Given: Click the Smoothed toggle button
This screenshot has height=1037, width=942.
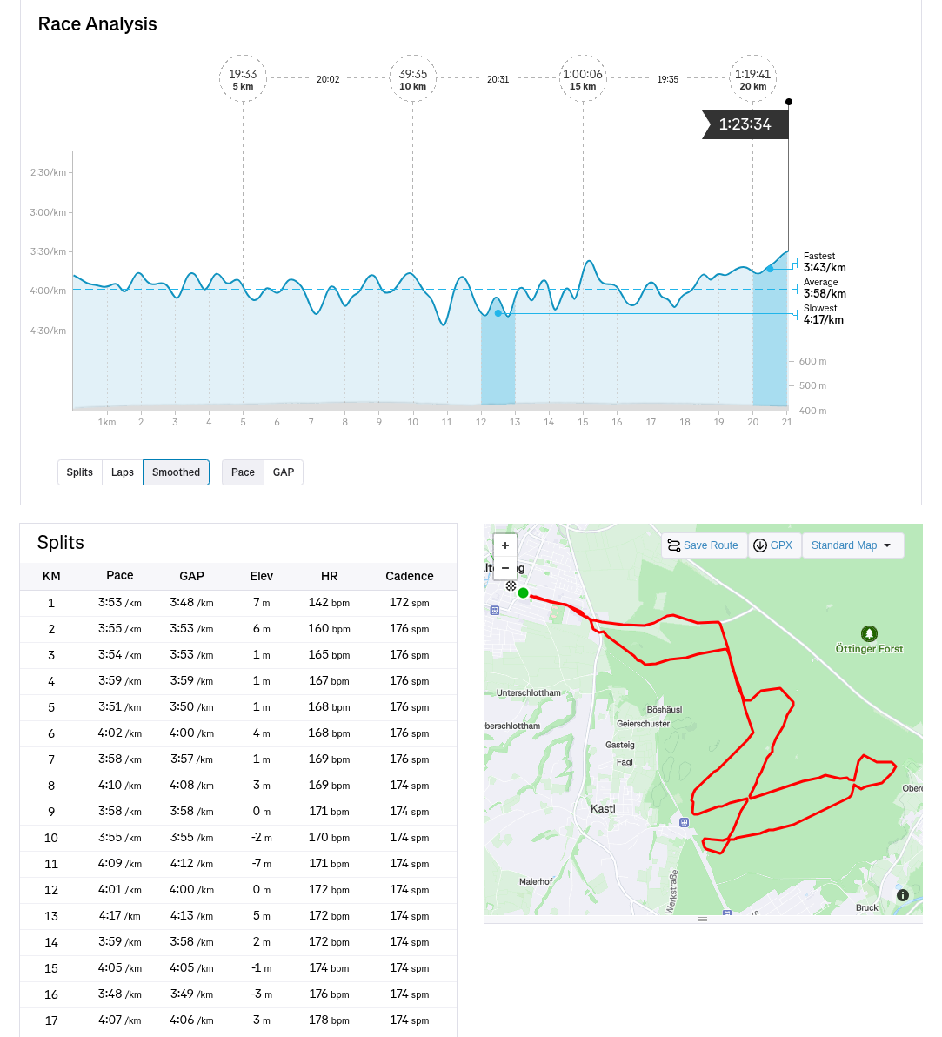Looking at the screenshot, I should click(x=176, y=472).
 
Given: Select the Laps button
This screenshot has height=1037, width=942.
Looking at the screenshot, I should click(x=123, y=472).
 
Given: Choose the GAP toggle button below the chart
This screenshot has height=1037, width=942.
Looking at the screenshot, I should click(x=284, y=472).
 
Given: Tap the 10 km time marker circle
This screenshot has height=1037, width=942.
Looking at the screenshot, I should click(x=413, y=78).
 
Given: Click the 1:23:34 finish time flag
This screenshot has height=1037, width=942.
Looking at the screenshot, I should click(x=745, y=124).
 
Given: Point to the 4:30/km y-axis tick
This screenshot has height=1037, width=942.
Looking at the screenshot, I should click(x=48, y=331).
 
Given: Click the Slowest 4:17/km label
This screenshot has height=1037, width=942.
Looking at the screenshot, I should click(x=823, y=314).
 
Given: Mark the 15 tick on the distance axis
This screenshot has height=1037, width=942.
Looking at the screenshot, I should click(x=583, y=422).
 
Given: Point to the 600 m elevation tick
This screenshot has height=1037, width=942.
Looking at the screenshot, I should click(x=812, y=361).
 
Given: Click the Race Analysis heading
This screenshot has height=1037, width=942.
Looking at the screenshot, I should click(x=97, y=24).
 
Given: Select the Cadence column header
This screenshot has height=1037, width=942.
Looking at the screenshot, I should click(x=409, y=576).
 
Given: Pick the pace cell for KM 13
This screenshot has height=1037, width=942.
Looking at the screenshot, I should click(x=120, y=916).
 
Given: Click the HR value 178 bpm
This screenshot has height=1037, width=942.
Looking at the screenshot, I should click(x=329, y=1020).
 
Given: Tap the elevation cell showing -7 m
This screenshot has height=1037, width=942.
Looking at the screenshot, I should click(x=261, y=864).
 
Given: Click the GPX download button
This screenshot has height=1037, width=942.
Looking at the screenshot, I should click(x=773, y=545).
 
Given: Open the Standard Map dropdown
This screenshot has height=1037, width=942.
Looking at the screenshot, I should click(x=852, y=545).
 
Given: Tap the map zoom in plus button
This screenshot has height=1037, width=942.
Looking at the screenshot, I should click(x=505, y=545).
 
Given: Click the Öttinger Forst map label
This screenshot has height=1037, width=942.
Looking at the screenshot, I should click(x=869, y=648).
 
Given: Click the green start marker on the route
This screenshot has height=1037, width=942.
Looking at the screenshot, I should click(x=523, y=593).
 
